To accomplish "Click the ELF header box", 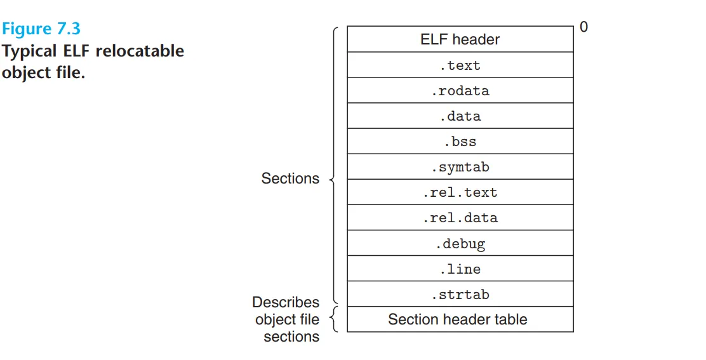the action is click(x=460, y=39).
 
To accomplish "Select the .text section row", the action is click(x=460, y=65).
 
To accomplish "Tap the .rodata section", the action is click(x=460, y=90).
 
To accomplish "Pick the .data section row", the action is click(x=460, y=116).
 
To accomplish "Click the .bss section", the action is click(x=460, y=142).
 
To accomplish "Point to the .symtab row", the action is click(x=460, y=166).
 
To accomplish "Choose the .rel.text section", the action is click(x=460, y=192).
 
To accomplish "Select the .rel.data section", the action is click(x=460, y=217).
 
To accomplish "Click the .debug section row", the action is click(x=460, y=243).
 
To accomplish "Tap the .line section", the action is click(x=460, y=269).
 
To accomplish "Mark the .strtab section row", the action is click(x=460, y=294).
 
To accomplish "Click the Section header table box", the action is click(x=460, y=319).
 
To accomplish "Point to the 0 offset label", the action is click(x=583, y=27).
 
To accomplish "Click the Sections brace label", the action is click(x=290, y=178).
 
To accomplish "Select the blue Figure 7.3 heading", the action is click(x=41, y=29).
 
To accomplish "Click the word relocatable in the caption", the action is click(x=140, y=51).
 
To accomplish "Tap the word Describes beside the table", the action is click(x=286, y=302).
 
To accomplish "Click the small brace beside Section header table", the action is click(x=333, y=319).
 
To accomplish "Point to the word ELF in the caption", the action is click(x=77, y=51).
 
